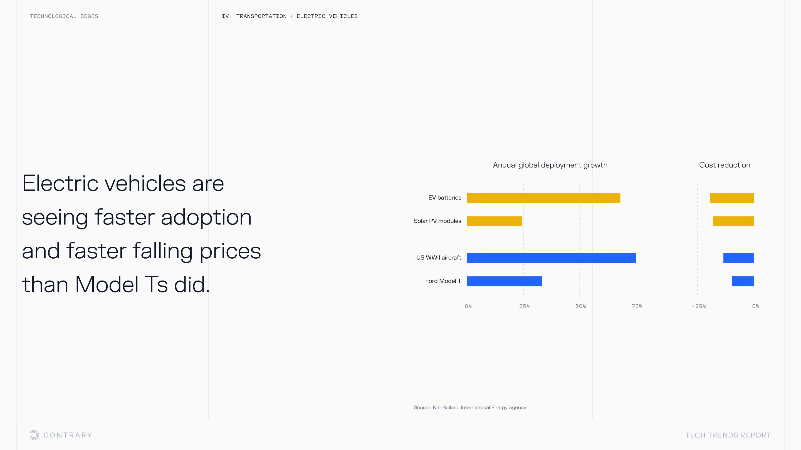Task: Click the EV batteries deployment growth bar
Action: (543, 198)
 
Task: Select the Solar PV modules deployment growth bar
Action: (495, 221)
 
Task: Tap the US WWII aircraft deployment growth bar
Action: (551, 258)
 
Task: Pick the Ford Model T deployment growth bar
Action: (505, 281)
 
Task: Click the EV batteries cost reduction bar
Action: (732, 198)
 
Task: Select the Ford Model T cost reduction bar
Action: (743, 281)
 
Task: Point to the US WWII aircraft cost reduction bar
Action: (738, 258)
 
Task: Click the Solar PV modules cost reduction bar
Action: (733, 221)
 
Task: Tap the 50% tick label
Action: (580, 306)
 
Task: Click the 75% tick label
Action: (637, 306)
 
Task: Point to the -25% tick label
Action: (699, 306)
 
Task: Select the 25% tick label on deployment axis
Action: (524, 306)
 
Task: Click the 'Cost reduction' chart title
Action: (725, 165)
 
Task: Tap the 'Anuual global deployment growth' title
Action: (550, 165)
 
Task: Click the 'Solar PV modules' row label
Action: (437, 221)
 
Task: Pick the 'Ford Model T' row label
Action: (443, 281)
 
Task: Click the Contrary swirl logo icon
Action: (34, 435)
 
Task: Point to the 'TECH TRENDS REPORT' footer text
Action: (728, 435)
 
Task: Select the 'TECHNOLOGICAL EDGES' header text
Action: (64, 16)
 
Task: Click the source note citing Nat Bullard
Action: (470, 407)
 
